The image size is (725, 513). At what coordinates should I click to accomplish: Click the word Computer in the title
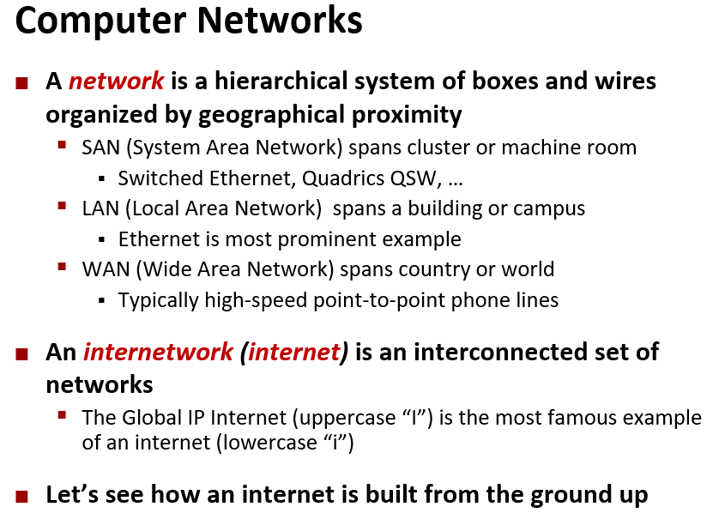tap(100, 21)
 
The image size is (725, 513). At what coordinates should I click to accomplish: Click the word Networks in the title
tap(279, 21)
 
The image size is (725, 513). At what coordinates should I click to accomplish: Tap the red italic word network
tap(116, 81)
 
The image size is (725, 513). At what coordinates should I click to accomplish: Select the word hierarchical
tap(281, 81)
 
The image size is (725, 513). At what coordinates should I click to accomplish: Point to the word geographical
tap(271, 115)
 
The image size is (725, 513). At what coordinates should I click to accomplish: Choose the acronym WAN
tap(106, 269)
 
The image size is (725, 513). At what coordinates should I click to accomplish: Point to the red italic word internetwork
tap(158, 353)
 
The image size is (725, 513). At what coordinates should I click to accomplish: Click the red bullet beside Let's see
tap(21, 497)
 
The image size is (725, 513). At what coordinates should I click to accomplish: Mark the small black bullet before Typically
tap(102, 301)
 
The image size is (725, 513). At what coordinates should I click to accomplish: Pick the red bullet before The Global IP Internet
tap(62, 415)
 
